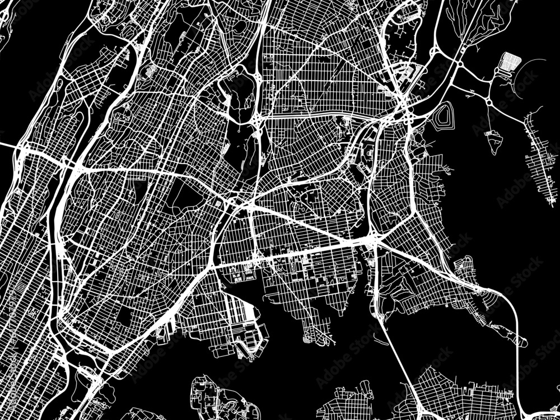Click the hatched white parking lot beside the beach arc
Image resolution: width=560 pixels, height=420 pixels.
tap(510, 60)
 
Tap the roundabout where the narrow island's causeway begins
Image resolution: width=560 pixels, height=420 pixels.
tap(488, 102)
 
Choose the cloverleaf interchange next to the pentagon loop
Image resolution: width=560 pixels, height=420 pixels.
tap(409, 115)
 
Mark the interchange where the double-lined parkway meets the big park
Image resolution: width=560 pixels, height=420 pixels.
tap(259, 118)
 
